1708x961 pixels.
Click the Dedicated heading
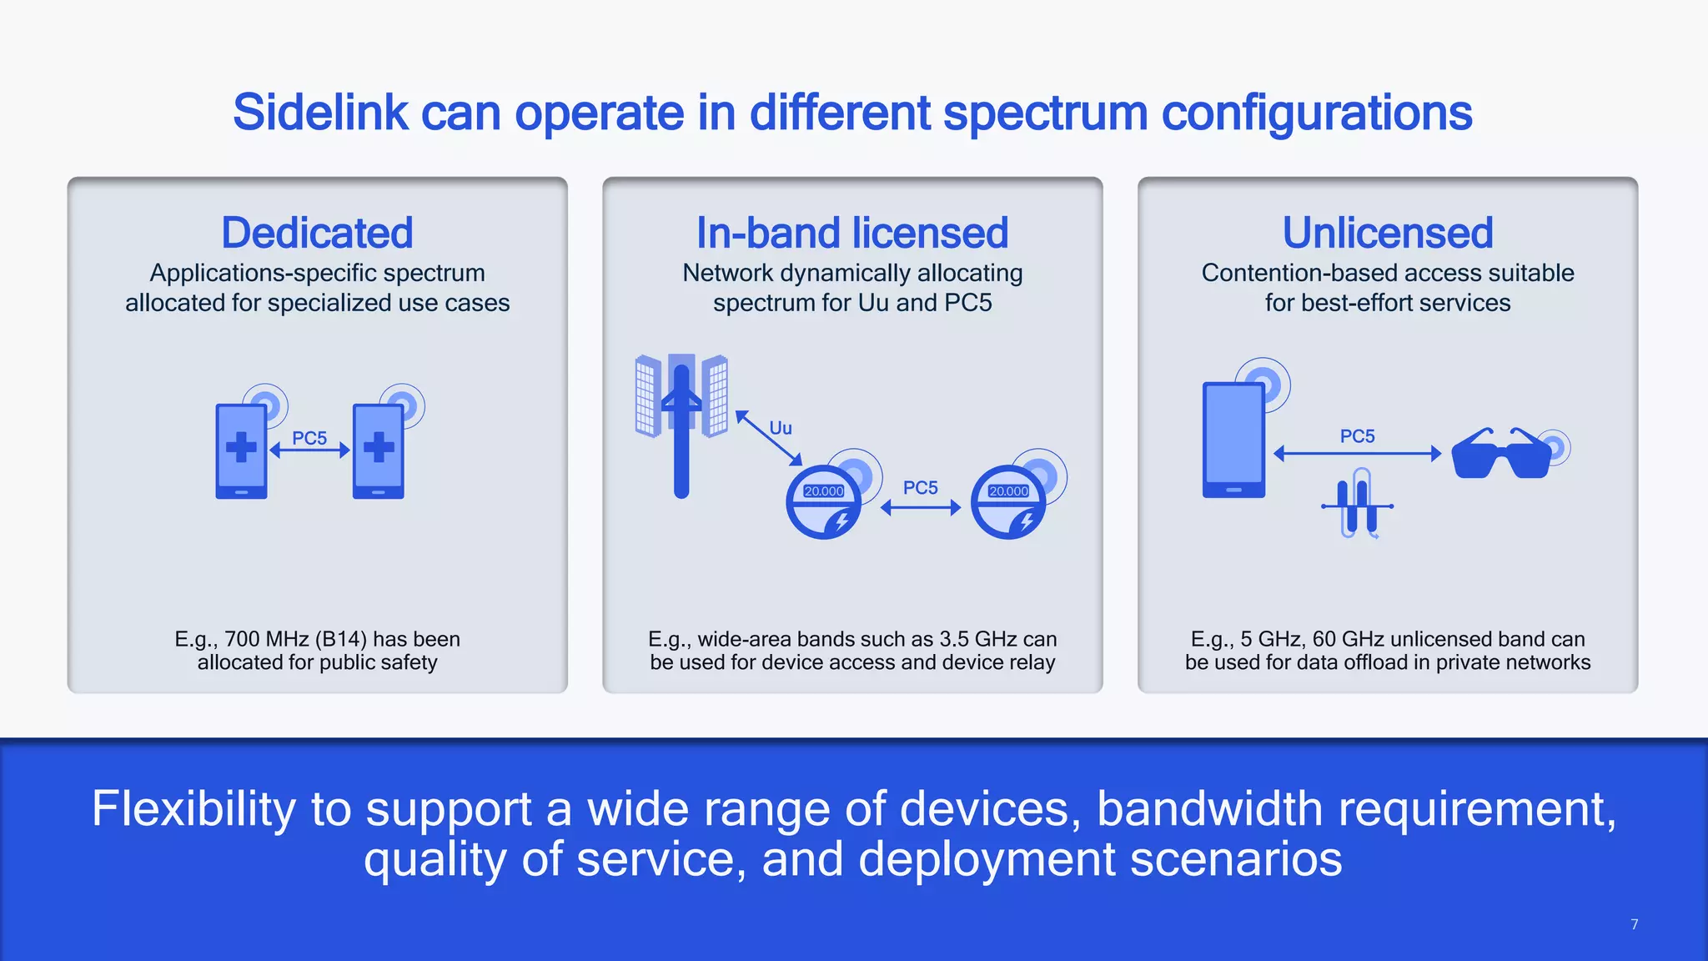pos(317,233)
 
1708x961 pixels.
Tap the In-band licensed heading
pos(852,233)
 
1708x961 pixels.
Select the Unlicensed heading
pos(1388,233)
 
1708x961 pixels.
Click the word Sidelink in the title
pos(320,113)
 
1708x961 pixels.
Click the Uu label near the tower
pos(781,428)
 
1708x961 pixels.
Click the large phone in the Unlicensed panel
pos(1233,440)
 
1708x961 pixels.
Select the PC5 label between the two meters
pos(921,487)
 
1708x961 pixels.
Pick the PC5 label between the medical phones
pos(309,438)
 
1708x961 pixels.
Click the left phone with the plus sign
pos(241,450)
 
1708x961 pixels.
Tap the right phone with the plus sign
pos(379,450)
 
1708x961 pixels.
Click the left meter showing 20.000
pos(824,501)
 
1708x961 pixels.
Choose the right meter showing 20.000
pos(1009,501)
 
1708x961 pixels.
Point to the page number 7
pos(1635,924)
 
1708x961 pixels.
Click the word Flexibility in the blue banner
pos(193,808)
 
